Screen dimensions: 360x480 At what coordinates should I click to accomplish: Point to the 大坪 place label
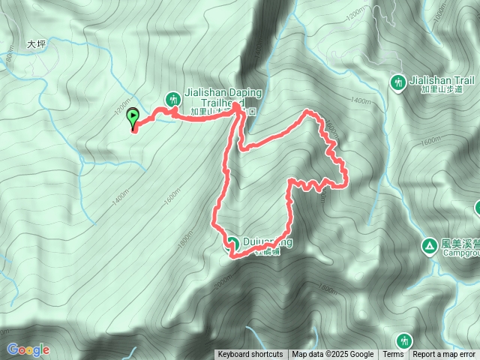pos(37,44)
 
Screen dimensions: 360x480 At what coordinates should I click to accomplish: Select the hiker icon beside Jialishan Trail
pos(398,80)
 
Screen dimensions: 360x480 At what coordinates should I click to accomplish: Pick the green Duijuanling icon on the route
pos(232,243)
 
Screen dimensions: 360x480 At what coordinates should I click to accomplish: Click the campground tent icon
pos(429,245)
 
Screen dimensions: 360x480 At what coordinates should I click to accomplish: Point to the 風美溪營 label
pos(460,243)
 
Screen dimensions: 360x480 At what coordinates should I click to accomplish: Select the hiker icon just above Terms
pos(405,341)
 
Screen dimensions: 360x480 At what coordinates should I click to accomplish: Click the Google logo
pos(28,349)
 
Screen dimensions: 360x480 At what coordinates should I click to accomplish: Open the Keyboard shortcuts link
pos(250,355)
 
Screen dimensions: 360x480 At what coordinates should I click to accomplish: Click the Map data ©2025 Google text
pos(333,355)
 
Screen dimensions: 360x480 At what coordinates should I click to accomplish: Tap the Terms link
pos(393,355)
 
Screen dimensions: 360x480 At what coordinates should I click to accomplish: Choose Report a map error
pos(445,355)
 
